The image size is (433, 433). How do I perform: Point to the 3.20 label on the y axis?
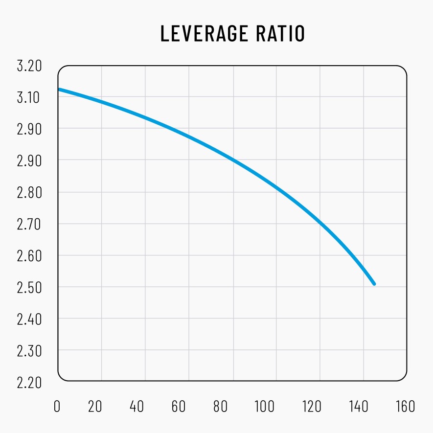29,66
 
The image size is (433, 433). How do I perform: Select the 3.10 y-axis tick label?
29,97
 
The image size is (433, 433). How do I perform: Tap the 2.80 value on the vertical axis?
29,192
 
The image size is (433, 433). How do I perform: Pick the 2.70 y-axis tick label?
29,224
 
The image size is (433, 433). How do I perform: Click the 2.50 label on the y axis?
29,287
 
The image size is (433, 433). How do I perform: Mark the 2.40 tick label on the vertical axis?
29,319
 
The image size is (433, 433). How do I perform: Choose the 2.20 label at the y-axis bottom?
29,382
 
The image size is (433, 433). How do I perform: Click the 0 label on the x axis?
58,407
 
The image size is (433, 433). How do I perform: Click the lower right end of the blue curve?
374,284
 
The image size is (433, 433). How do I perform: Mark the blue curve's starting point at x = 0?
59,89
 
